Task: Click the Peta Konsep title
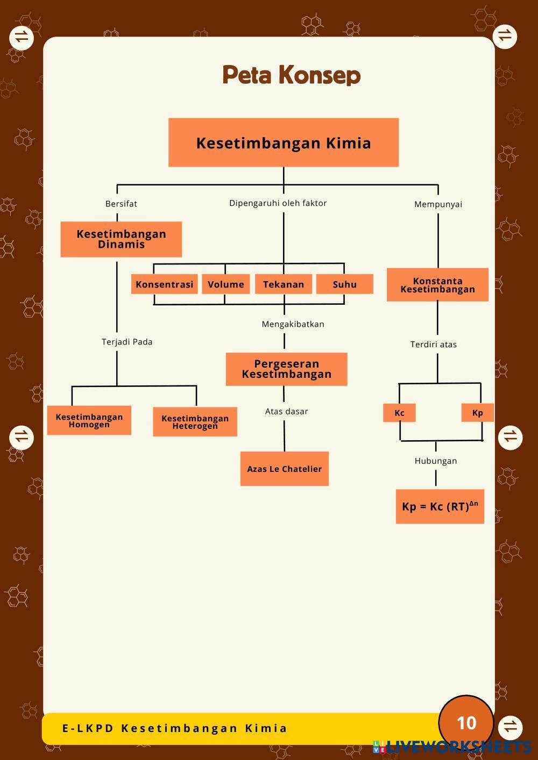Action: click(x=291, y=75)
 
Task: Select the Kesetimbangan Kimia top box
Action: click(x=284, y=142)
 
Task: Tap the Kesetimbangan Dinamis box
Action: click(x=121, y=239)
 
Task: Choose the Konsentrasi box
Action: click(x=165, y=284)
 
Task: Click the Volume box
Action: click(x=226, y=284)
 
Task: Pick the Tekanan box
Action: click(x=284, y=284)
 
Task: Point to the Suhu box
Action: click(x=344, y=284)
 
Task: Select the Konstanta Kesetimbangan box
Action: click(x=437, y=285)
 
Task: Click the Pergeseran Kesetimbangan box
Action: click(x=286, y=369)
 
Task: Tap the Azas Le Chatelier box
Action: click(x=284, y=469)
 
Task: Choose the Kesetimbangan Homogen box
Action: click(x=89, y=420)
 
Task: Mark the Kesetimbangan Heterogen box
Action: click(x=195, y=422)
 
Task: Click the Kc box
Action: click(x=399, y=413)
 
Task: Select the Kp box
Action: click(x=477, y=413)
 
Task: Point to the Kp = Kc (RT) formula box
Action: click(x=440, y=506)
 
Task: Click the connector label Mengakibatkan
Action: click(x=293, y=324)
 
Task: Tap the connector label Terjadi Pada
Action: click(x=127, y=342)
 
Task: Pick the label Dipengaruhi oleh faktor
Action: click(x=278, y=203)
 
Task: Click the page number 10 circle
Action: click(x=466, y=723)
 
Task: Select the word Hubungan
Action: click(x=435, y=461)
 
